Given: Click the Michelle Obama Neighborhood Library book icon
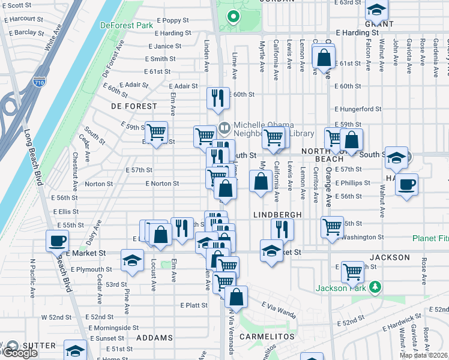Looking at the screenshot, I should coord(224,127).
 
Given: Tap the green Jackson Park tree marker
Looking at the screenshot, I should coord(375,287).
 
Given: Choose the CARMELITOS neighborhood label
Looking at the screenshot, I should coord(267,337).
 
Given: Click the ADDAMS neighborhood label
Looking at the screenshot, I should coord(155,338).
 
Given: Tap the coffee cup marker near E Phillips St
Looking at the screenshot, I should coord(406,184).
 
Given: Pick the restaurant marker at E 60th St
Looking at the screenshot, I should coord(218,97).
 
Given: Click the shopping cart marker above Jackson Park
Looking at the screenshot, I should coord(352,272).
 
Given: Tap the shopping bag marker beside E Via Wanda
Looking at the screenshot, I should coord(237,296).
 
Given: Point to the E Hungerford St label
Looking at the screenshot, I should coord(358,109).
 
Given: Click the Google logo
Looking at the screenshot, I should coord(19,353).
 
